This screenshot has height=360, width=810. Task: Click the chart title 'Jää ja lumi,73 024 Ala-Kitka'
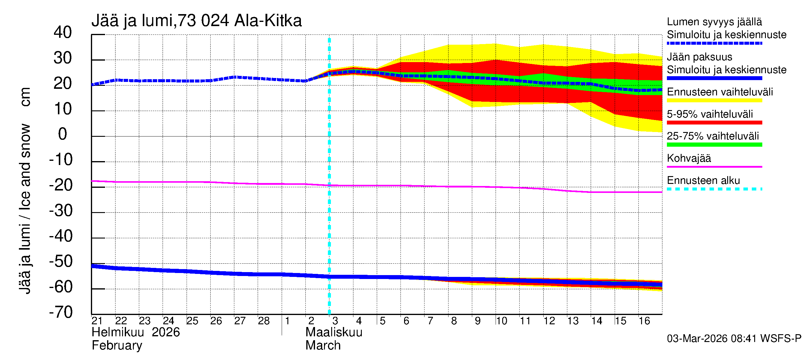[x=196, y=21]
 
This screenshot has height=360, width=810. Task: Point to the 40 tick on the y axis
[x=63, y=33]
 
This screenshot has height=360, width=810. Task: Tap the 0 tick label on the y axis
[x=63, y=134]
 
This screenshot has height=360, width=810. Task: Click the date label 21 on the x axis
[x=97, y=321]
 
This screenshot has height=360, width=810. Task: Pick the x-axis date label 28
[x=263, y=321]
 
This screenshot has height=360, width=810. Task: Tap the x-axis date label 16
[x=644, y=321]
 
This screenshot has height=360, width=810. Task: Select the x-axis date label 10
[x=501, y=321]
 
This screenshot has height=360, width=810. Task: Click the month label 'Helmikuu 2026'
[x=136, y=332]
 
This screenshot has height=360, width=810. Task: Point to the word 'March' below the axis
[x=323, y=346]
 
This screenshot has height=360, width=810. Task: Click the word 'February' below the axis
[x=117, y=346]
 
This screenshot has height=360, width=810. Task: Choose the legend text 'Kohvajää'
[x=688, y=158]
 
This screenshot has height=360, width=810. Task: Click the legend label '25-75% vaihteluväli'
[x=712, y=136]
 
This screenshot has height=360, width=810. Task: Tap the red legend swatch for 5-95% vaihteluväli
[x=714, y=123]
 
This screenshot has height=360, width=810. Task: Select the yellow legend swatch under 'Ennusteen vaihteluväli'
[x=714, y=100]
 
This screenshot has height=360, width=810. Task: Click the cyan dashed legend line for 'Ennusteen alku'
[x=714, y=189]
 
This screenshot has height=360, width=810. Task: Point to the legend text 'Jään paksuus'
[x=699, y=57]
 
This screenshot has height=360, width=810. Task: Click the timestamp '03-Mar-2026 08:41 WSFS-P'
[x=734, y=339]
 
